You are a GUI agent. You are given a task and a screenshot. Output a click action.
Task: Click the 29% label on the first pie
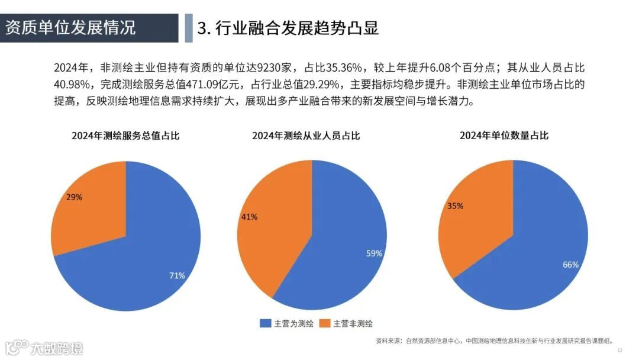(x=75, y=197)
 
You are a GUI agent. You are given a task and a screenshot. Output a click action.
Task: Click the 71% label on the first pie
(x=177, y=275)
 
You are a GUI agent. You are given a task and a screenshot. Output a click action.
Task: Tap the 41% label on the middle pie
(x=249, y=217)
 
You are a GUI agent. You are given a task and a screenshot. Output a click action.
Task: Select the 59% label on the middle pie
(x=374, y=253)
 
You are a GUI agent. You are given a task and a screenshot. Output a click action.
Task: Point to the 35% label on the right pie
(x=456, y=206)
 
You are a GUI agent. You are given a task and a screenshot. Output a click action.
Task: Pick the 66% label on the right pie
(x=570, y=265)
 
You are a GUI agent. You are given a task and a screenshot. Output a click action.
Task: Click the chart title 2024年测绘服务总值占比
(x=125, y=136)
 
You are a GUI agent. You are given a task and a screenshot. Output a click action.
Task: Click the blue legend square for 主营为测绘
(x=265, y=323)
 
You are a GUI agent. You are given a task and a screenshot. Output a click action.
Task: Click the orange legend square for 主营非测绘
(x=324, y=323)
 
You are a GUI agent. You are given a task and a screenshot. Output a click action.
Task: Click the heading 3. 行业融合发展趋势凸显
(x=288, y=28)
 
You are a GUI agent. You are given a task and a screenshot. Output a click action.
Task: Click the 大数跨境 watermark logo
(x=44, y=348)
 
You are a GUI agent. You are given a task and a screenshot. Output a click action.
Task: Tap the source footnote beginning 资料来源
(x=495, y=341)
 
